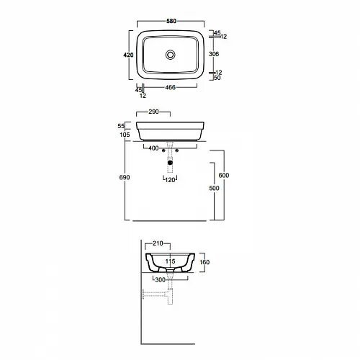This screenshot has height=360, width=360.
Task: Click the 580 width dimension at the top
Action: pyautogui.click(x=171, y=21)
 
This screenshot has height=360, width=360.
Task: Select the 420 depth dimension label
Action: pyautogui.click(x=128, y=55)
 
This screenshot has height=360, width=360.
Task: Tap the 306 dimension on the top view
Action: pyautogui.click(x=214, y=54)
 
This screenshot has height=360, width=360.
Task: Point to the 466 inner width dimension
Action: pyautogui.click(x=171, y=87)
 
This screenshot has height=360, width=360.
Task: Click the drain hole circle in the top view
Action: pyautogui.click(x=171, y=55)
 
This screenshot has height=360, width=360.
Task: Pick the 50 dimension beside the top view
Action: pyautogui.click(x=217, y=78)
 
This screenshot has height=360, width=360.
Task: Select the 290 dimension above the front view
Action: pyautogui.click(x=153, y=112)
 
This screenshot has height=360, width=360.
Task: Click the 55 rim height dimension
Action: pyautogui.click(x=121, y=126)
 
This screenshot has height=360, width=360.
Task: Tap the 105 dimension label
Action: pyautogui.click(x=125, y=135)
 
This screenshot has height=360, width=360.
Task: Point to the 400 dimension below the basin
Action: pyautogui.click(x=153, y=148)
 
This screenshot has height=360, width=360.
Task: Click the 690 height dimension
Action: pyautogui.click(x=125, y=177)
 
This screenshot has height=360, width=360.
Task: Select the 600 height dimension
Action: pyautogui.click(x=224, y=176)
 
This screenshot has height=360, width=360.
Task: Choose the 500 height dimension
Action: pyautogui.click(x=214, y=188)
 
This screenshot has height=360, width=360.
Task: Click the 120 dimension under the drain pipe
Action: pyautogui.click(x=170, y=180)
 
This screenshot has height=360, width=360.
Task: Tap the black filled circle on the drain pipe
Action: pyautogui.click(x=170, y=163)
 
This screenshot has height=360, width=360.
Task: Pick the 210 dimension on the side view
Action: pyautogui.click(x=158, y=243)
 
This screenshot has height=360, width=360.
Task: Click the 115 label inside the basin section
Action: pyautogui.click(x=170, y=261)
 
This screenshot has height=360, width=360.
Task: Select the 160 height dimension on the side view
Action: pyautogui.click(x=204, y=262)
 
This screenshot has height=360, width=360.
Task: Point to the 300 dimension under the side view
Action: pyautogui.click(x=161, y=280)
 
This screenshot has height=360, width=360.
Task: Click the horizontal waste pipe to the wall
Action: pyautogui.click(x=155, y=294)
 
